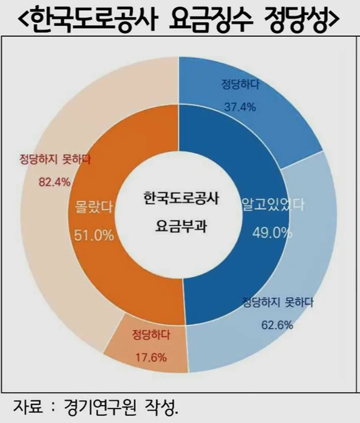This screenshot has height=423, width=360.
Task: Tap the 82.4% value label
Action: pos(54,182)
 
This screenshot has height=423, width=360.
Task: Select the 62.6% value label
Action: pos(277,325)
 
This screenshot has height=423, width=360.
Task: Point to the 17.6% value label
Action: pos(151,357)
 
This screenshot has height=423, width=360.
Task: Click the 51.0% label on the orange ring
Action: pos(94,235)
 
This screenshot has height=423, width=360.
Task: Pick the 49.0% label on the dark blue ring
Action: pos(272,232)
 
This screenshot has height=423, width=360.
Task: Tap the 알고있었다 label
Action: pos(272,205)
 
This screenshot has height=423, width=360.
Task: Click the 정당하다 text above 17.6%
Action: pos(151,335)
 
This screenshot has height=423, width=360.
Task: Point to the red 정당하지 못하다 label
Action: pos(55,160)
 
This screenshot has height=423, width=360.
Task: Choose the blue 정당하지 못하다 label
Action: pos(278,302)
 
